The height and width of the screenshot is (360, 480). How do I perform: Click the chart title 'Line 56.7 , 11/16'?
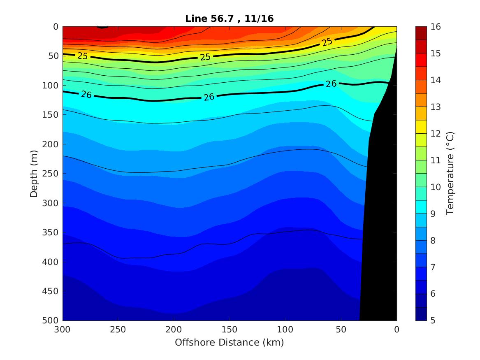click(x=230, y=18)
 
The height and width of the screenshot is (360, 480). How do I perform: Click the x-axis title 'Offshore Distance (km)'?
click(x=230, y=342)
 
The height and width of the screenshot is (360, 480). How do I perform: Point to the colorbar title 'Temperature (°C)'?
click(x=450, y=173)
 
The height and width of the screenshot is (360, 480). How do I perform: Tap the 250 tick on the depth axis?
click(x=53, y=174)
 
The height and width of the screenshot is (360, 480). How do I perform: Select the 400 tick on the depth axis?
click(x=53, y=262)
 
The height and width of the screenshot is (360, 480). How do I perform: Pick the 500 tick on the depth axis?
click(x=53, y=321)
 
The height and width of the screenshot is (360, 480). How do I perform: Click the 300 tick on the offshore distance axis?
click(x=63, y=329)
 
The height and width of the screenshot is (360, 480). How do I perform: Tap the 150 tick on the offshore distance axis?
click(x=230, y=329)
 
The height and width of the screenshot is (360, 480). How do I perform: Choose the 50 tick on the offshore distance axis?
click(x=341, y=329)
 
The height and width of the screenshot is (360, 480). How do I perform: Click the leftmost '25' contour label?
click(x=83, y=56)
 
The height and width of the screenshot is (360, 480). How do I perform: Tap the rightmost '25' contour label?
click(x=327, y=42)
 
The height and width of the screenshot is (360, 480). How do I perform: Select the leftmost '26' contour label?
click(x=86, y=95)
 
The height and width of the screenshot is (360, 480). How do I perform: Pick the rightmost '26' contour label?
click(x=331, y=84)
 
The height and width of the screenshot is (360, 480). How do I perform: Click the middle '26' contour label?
click(x=209, y=98)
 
